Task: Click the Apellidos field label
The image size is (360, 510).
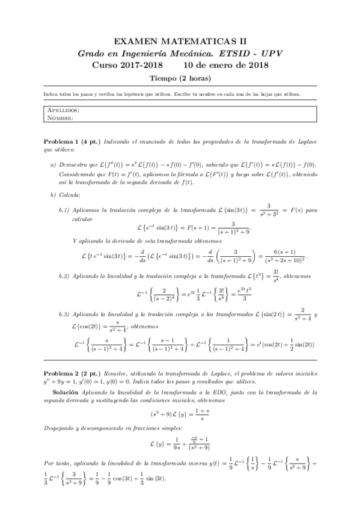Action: [x=63, y=111]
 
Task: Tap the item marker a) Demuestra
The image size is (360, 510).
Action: [x=53, y=164]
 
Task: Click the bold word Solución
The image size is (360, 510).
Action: [x=64, y=392]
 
